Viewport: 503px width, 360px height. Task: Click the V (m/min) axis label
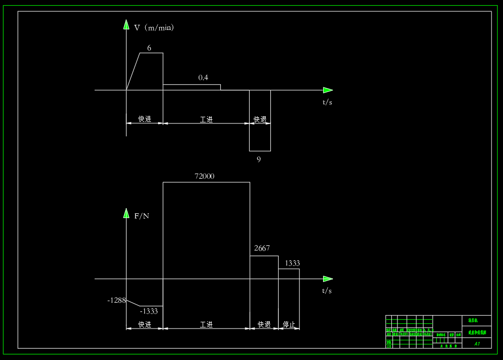point(154,27)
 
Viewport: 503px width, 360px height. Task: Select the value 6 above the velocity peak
point(149,48)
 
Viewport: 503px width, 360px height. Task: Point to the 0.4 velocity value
point(203,77)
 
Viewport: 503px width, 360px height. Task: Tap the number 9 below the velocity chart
point(259,159)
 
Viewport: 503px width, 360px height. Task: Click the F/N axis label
point(142,216)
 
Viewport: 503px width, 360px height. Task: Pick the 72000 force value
point(204,176)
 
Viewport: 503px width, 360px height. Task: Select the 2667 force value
point(262,248)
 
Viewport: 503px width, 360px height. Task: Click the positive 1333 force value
point(292,263)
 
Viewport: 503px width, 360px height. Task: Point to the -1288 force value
point(116,300)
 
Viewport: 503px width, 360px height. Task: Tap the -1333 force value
point(149,311)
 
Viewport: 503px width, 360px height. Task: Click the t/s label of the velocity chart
point(327,102)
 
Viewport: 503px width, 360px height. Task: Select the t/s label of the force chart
point(327,291)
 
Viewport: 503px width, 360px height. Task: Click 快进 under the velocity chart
point(145,119)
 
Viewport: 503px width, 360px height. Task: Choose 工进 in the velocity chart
point(206,119)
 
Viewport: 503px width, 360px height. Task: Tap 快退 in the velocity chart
point(260,119)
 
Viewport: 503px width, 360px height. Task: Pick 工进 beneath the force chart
point(206,324)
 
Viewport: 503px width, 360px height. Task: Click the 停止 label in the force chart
point(289,324)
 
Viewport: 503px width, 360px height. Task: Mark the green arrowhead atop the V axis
point(126,24)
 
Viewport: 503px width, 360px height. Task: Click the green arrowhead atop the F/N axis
point(126,213)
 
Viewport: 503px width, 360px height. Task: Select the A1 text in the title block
point(477,343)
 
